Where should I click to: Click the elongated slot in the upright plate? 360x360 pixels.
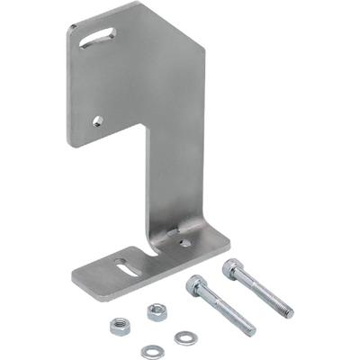[96, 38]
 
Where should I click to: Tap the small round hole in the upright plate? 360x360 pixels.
[97, 120]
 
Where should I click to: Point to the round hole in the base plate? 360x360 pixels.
[184, 241]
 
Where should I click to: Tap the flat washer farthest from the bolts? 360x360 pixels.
[148, 352]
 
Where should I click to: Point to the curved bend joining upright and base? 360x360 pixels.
[171, 236]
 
